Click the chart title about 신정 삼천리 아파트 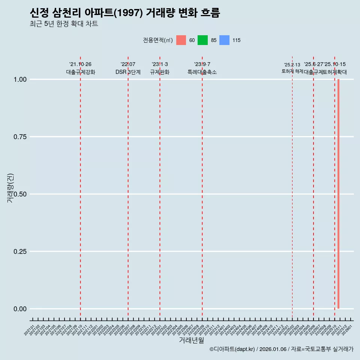(124, 13)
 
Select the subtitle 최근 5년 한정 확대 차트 (64, 24)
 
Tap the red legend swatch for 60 (181, 40)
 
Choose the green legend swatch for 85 (202, 40)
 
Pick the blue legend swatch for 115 (224, 40)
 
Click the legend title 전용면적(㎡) (157, 40)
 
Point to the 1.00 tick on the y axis (20, 79)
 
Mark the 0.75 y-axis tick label (20, 137)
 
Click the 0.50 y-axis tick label (20, 194)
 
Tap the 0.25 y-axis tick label (20, 252)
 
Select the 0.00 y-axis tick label (20, 309)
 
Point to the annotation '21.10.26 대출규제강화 (80, 68)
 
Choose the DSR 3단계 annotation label (128, 72)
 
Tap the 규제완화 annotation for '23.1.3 (160, 72)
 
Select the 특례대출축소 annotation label (202, 72)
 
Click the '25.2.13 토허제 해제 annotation (292, 68)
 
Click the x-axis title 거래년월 (191, 340)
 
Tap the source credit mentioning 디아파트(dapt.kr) (281, 349)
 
